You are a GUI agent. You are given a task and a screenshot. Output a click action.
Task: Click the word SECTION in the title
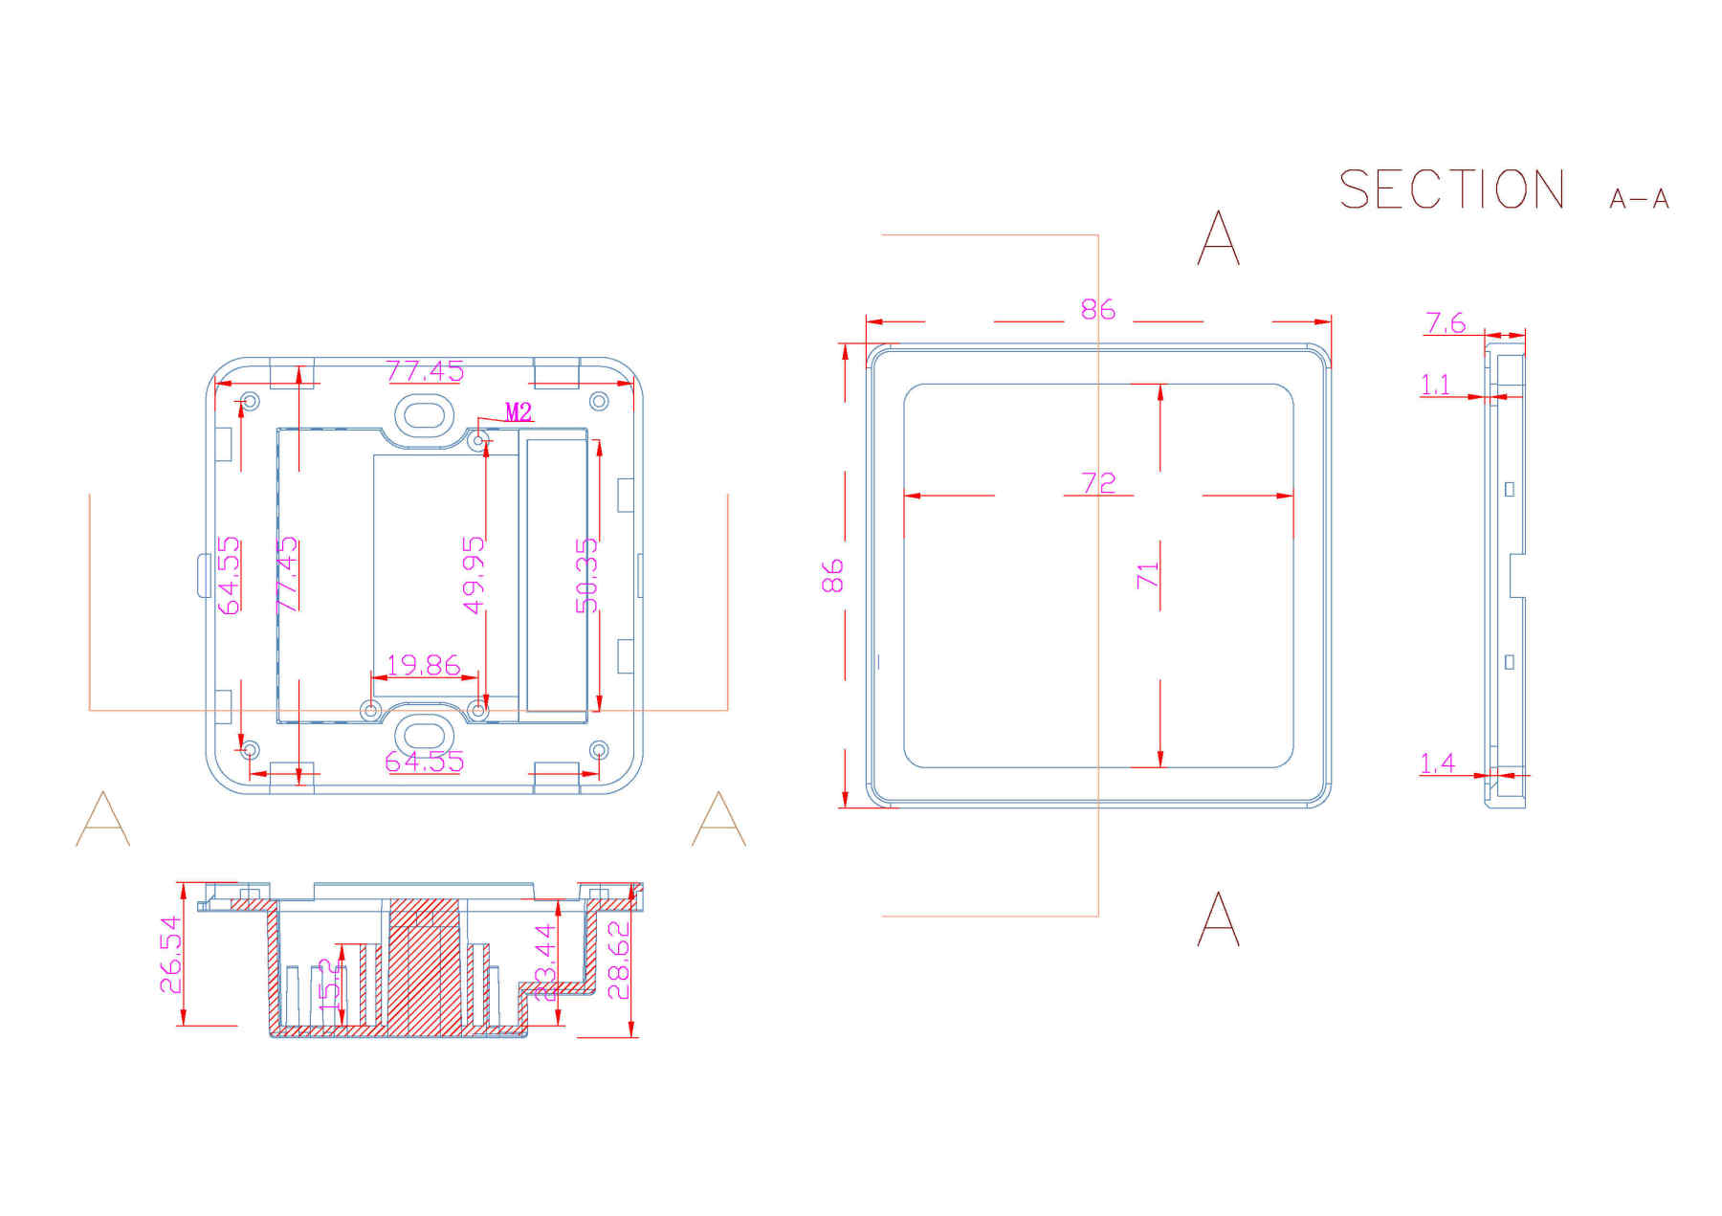(x=1451, y=189)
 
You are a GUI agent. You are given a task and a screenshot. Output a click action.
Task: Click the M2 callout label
(x=518, y=412)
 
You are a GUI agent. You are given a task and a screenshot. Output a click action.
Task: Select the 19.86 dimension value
(x=423, y=664)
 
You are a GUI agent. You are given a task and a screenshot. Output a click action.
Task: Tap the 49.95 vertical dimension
(x=474, y=575)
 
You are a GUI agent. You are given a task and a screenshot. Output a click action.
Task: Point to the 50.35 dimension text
(x=585, y=575)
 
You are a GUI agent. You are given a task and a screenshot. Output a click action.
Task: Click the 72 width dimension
(x=1098, y=483)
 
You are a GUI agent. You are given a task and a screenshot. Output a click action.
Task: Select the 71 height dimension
(x=1147, y=575)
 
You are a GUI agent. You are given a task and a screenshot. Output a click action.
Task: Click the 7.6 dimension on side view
(x=1445, y=323)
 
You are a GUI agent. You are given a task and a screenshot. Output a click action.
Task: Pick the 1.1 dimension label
(x=1435, y=385)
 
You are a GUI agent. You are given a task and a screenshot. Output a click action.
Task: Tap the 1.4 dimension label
(x=1437, y=763)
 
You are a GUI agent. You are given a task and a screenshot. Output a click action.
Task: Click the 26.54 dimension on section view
(x=170, y=955)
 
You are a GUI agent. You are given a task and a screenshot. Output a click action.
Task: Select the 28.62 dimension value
(x=620, y=960)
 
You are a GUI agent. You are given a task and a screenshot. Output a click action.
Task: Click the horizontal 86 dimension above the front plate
(x=1098, y=309)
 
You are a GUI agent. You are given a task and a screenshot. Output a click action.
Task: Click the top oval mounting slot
(x=424, y=415)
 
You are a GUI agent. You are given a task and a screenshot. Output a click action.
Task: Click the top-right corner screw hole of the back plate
(x=599, y=401)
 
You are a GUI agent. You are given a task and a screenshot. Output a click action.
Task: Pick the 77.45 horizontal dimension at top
(x=425, y=370)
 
